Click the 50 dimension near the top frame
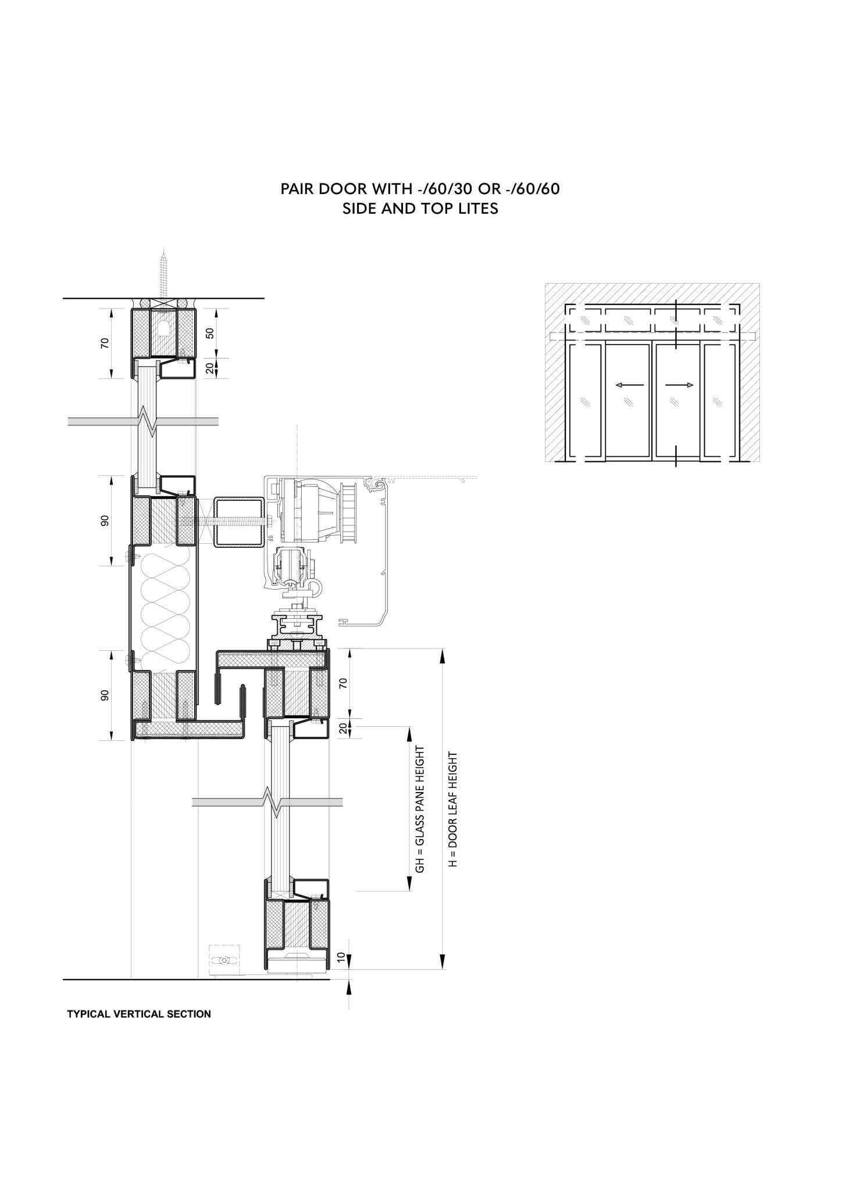pos(210,333)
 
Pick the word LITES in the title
pos(477,209)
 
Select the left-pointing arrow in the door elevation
pos(629,385)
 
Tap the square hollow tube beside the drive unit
pos(240,522)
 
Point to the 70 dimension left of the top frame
pos(105,343)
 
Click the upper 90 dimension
pos(105,521)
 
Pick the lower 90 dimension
pos(105,696)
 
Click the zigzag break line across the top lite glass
pos(143,421)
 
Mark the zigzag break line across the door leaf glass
pos(267,802)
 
